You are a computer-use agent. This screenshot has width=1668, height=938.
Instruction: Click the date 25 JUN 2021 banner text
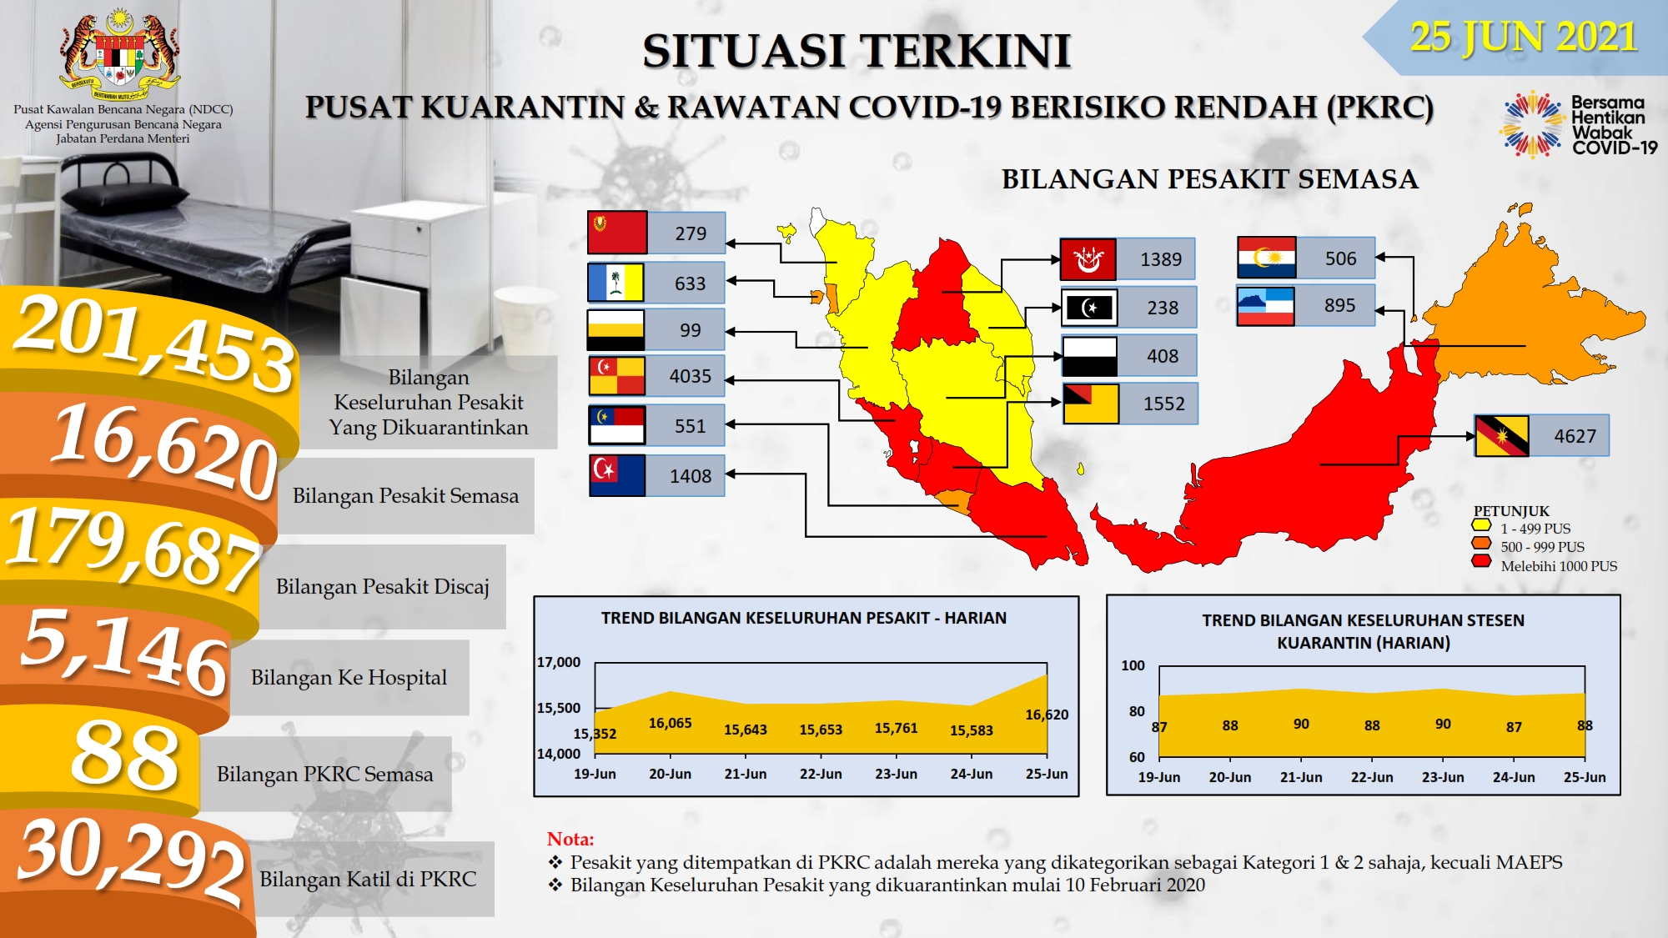(1523, 37)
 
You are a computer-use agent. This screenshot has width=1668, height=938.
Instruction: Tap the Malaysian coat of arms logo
(121, 52)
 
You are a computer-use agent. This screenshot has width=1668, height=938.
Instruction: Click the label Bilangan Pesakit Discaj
(383, 586)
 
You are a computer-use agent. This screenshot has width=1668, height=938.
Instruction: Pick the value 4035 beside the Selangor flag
(691, 376)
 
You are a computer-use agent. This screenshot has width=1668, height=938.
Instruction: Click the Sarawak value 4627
(1575, 436)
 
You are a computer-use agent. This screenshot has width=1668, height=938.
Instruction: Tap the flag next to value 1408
(617, 475)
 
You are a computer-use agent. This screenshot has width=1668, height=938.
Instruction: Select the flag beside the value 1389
(1088, 259)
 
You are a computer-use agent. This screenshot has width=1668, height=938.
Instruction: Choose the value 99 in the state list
(691, 330)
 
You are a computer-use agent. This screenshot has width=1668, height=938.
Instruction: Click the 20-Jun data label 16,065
(671, 723)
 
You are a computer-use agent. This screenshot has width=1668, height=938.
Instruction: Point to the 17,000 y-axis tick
(559, 662)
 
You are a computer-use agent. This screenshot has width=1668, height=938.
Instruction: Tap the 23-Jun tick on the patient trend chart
(896, 774)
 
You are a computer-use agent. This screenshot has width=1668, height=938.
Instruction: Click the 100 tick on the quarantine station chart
(1133, 665)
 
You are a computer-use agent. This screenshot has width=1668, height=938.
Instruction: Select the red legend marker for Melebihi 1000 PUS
(1481, 561)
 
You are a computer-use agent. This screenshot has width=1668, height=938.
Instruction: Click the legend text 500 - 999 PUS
(1543, 547)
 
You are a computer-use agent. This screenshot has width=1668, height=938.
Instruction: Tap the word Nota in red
(570, 839)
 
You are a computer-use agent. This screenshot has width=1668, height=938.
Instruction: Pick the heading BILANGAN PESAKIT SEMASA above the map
(1209, 179)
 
